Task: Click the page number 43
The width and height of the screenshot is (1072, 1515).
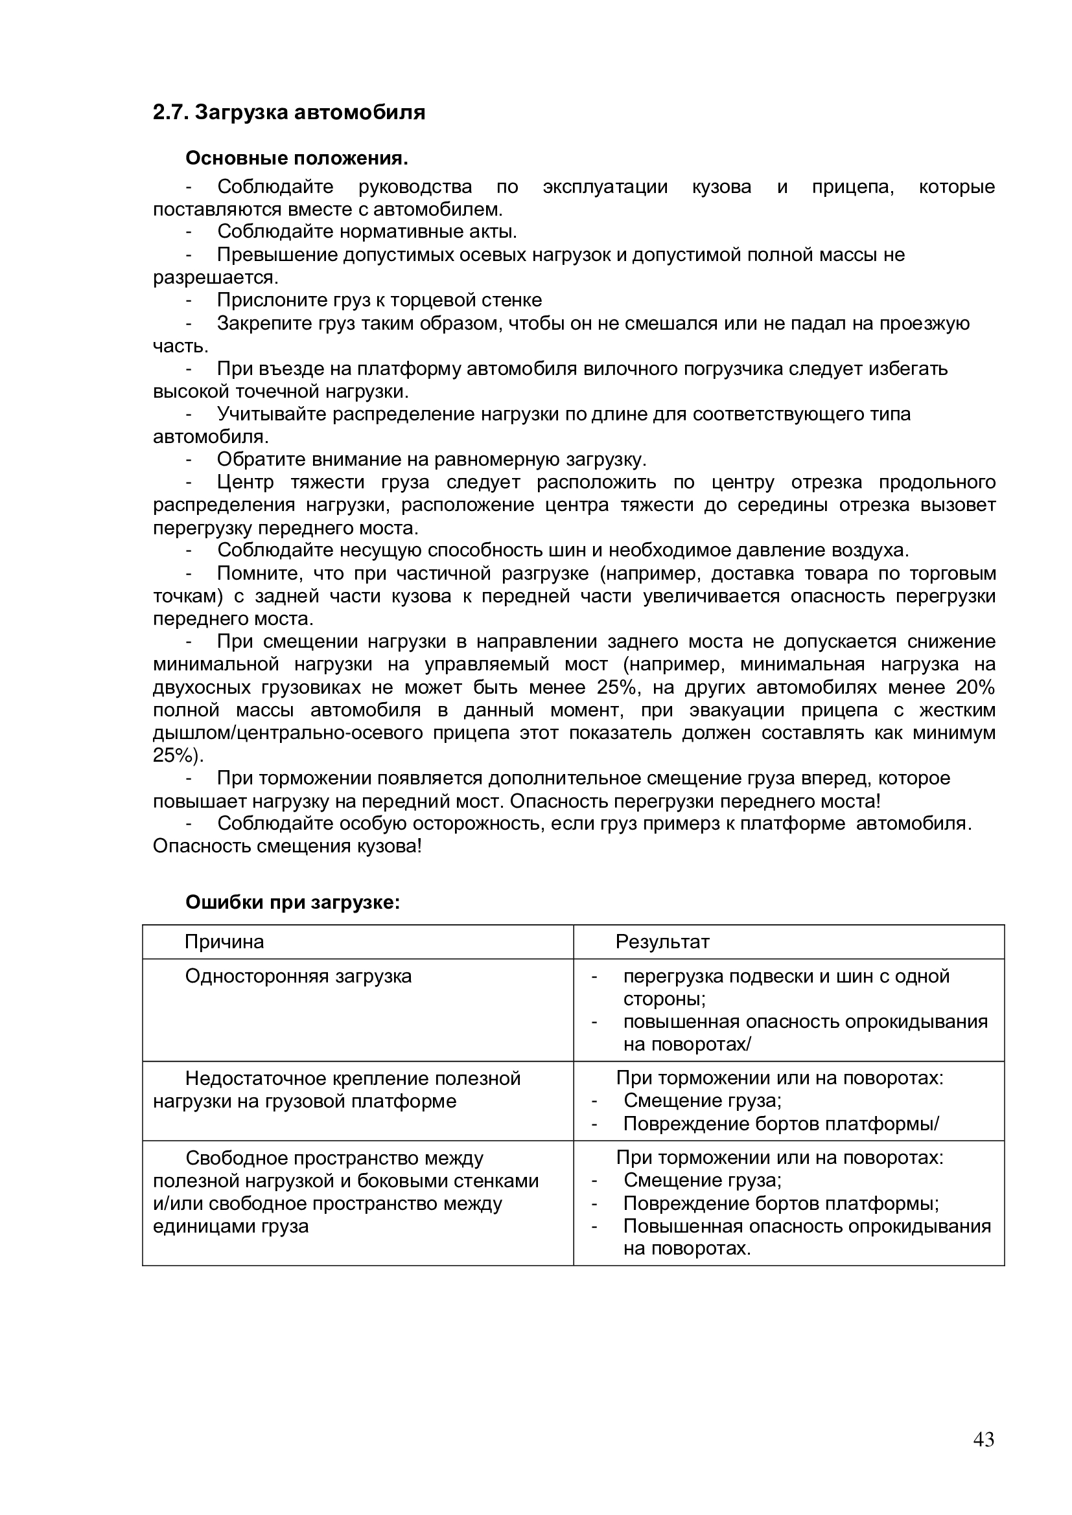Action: tap(983, 1457)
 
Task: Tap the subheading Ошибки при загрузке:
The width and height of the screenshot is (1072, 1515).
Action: tap(292, 902)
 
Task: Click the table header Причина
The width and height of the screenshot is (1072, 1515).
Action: tap(224, 942)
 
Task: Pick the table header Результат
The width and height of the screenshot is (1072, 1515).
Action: tap(662, 942)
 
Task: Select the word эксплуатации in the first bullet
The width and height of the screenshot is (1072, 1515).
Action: tap(605, 187)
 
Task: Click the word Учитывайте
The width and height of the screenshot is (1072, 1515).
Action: tap(272, 415)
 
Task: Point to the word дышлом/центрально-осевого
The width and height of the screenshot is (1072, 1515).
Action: tap(288, 733)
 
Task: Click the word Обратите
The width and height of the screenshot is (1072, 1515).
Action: tap(260, 459)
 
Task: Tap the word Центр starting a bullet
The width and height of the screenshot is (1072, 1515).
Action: tap(245, 483)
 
